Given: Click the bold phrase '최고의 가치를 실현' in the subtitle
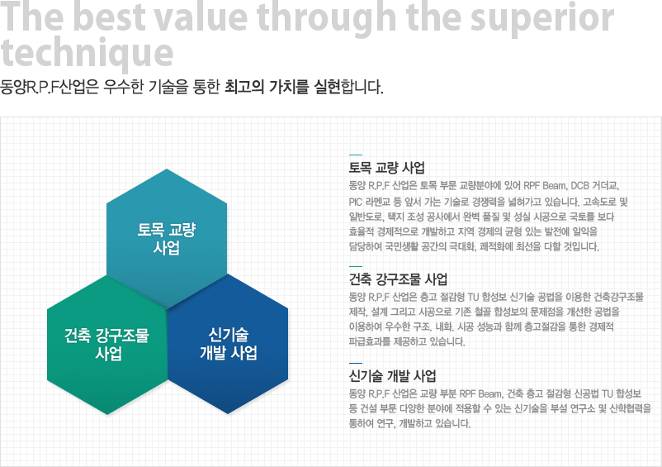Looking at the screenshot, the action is (282, 87).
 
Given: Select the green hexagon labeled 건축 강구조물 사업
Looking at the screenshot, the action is (106, 345).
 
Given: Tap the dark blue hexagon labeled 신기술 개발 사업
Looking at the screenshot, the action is (228, 344).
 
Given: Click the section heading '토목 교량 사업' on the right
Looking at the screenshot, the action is (386, 168).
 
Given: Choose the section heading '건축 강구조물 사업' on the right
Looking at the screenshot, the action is (398, 279).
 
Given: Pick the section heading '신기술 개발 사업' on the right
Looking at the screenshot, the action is (392, 376).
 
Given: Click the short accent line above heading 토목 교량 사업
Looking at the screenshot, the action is (356, 155).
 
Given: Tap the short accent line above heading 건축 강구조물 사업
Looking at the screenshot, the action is (356, 266).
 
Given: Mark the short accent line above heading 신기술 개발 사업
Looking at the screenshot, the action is (356, 363).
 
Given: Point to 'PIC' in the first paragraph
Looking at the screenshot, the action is (355, 202).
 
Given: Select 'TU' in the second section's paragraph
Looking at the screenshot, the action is (473, 297).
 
